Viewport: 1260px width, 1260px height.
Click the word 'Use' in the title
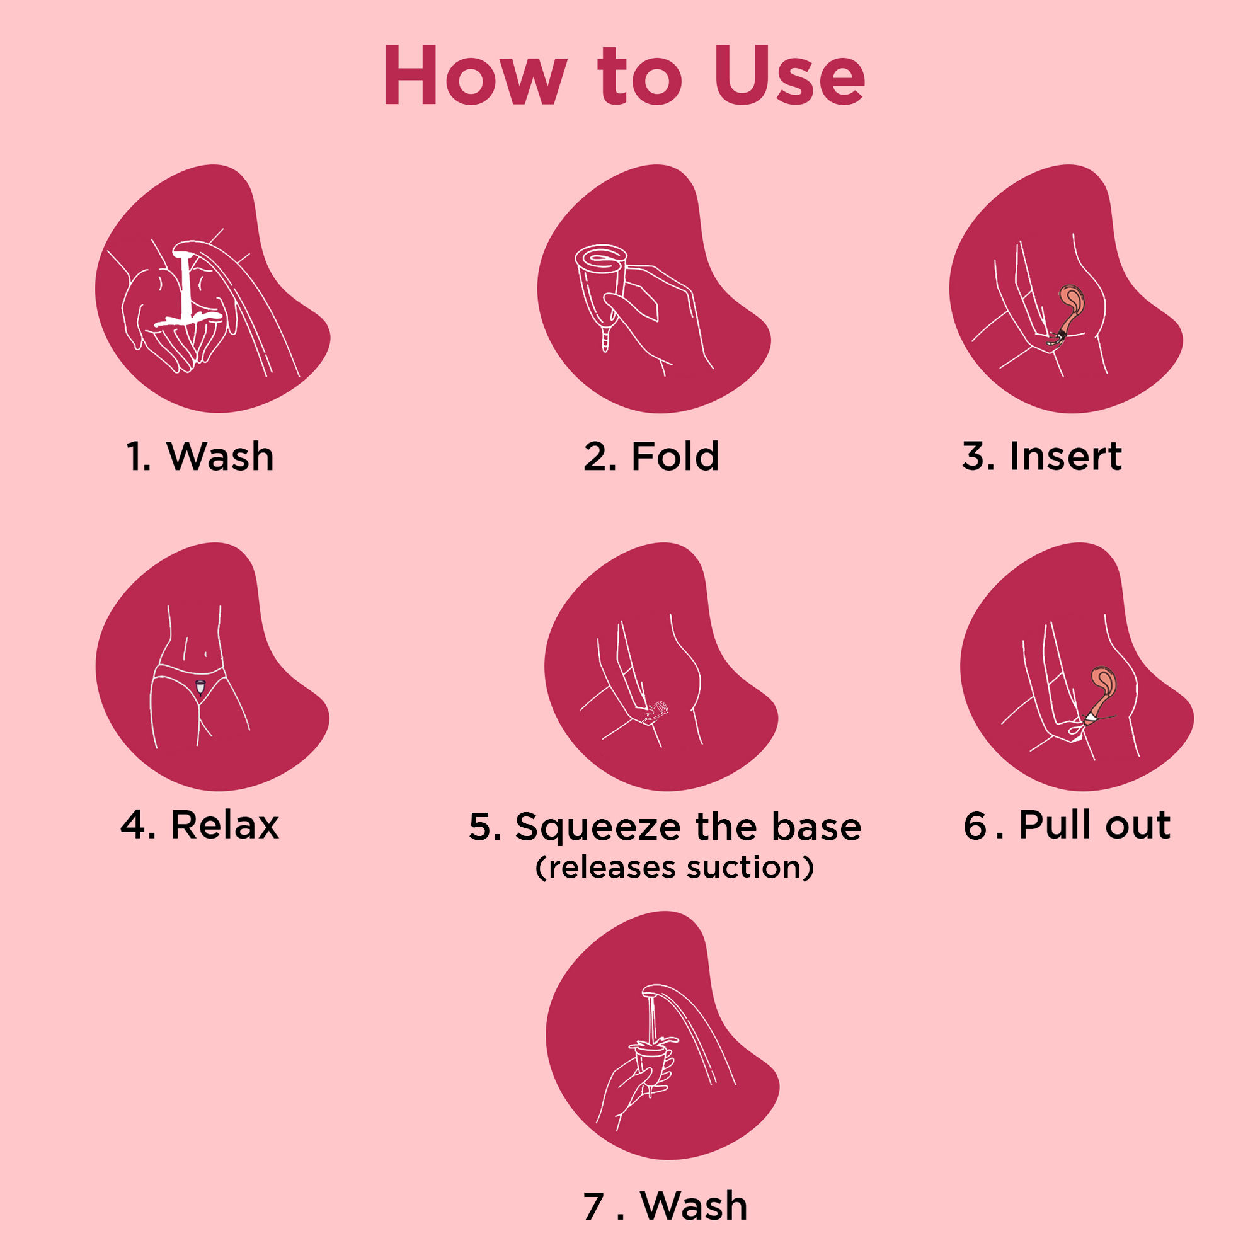(x=790, y=76)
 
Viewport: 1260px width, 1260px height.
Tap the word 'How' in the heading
(x=475, y=76)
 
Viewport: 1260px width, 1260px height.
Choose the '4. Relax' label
(x=200, y=825)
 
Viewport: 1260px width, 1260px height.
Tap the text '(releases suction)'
(x=674, y=868)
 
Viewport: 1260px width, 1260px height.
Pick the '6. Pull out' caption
(x=1067, y=825)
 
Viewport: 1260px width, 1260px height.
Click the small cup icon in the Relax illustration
(x=200, y=686)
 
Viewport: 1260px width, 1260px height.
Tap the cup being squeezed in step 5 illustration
(x=656, y=711)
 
